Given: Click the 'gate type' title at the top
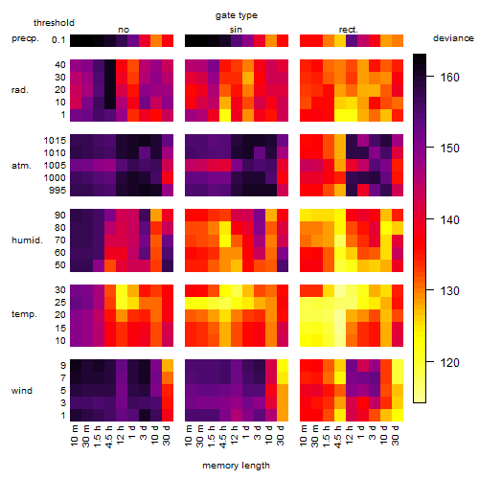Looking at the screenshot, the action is coord(237,15).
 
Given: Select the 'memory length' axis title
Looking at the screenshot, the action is coord(236,466).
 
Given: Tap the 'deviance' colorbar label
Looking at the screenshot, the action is coord(453,38).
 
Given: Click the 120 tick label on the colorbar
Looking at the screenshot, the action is coord(450,362).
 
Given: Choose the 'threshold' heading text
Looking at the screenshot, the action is coord(54,23).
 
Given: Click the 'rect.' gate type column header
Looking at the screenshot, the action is coord(349,30).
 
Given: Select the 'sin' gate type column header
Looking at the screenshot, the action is coord(236,30).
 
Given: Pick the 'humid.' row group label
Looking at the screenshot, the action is coord(27,240).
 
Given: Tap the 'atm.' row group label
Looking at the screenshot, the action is coord(21,166).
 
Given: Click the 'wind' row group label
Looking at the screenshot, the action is coord(22,391).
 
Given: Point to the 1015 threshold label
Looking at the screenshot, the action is coord(55,141).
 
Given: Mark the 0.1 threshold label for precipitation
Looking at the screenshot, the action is coord(58,40).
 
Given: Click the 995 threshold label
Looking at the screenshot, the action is coord(57,191).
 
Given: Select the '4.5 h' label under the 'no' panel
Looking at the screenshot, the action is coord(108,437).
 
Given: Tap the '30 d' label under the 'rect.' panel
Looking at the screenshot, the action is coord(396,435).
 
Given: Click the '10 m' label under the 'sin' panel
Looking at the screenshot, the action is coord(189,435).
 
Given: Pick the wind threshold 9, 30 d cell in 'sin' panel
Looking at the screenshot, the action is coord(283,365).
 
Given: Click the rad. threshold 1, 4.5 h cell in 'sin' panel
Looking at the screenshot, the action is coord(225,115).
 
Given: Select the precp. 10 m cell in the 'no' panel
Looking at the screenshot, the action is coord(76,40).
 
